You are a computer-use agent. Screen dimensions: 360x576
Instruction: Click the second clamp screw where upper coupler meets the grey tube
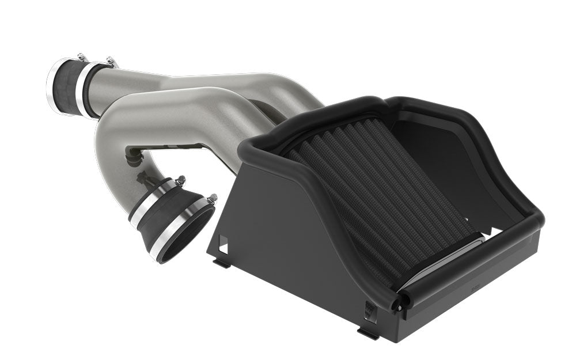click(110, 62)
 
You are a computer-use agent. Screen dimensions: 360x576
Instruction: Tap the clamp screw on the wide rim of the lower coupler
click(212, 199)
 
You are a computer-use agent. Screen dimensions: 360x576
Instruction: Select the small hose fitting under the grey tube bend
click(133, 156)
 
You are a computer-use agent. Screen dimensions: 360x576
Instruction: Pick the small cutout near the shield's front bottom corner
click(369, 311)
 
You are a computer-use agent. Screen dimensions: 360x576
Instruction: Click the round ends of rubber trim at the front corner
click(397, 300)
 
